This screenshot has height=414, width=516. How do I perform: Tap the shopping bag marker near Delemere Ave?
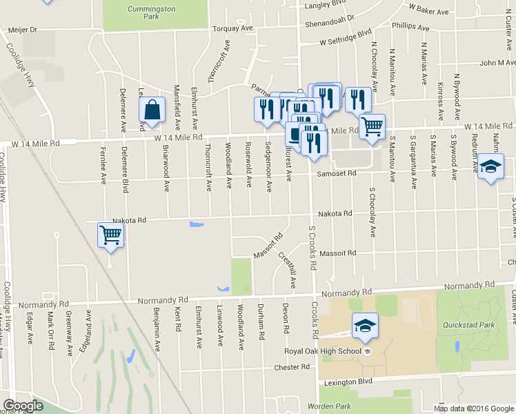click(152, 111)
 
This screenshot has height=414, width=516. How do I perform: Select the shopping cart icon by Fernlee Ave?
click(110, 236)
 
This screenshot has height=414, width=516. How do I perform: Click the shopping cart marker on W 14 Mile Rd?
click(372, 127)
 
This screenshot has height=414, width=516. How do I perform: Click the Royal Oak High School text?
click(323, 351)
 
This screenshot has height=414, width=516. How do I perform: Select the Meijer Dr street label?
click(23, 30)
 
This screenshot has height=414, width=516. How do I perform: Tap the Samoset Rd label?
click(336, 173)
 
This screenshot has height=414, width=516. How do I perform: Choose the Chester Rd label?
click(292, 367)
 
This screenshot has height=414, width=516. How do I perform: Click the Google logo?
click(23, 406)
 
